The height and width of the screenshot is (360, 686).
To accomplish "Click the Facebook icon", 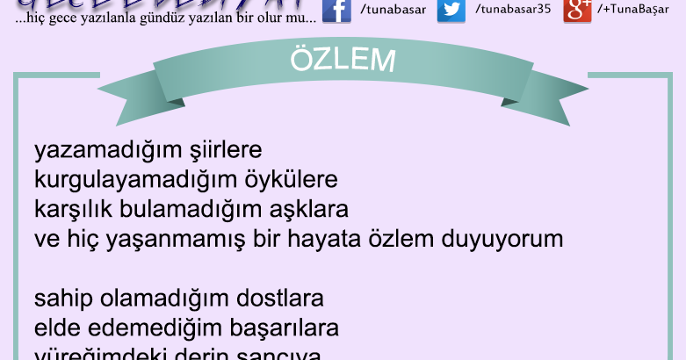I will point(336,10).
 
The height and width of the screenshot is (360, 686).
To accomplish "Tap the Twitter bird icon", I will point(451,10).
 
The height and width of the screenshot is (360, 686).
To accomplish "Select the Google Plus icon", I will point(577,10).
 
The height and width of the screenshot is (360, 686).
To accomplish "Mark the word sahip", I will point(61,299).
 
